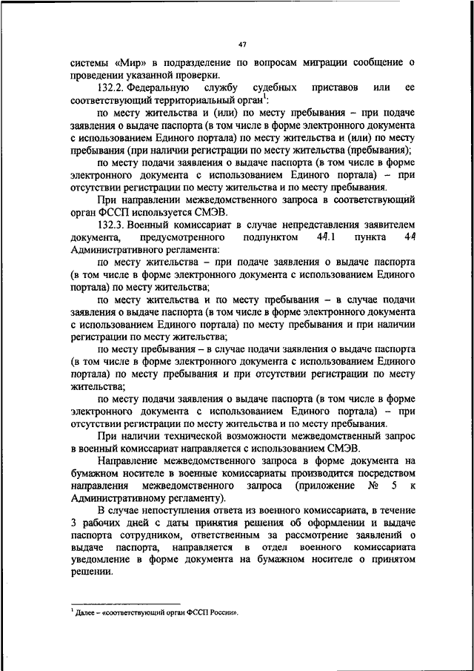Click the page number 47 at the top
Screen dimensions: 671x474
pos(242,44)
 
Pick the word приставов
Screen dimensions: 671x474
pos(335,87)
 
